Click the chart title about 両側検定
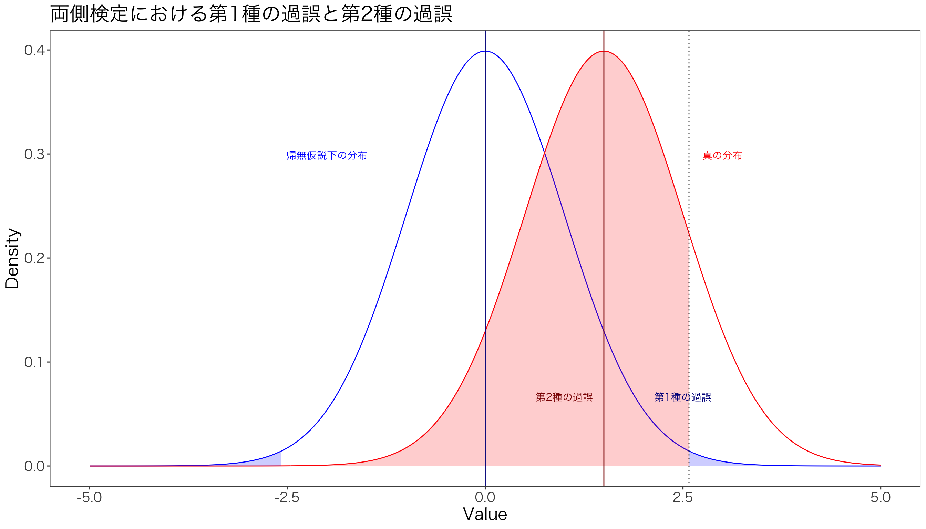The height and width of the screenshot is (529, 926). pos(251,14)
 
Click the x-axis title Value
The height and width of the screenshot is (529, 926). pos(485,515)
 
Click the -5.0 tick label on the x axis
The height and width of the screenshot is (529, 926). pos(90,498)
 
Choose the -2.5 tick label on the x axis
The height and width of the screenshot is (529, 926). pos(287,498)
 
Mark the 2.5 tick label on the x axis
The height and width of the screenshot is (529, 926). pos(683,498)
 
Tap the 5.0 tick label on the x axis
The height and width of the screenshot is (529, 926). pos(881,498)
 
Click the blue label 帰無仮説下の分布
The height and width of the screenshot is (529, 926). pos(327,156)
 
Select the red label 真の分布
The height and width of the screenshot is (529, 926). pos(722,156)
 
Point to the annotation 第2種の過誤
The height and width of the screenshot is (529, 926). pos(564,397)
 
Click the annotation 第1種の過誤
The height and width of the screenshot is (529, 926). pos(682,397)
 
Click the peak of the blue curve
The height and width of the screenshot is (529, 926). pos(485,51)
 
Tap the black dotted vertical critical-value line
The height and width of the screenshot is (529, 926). pos(689,145)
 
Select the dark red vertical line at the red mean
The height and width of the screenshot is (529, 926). pos(604,218)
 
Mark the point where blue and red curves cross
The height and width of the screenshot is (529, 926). pos(544,153)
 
